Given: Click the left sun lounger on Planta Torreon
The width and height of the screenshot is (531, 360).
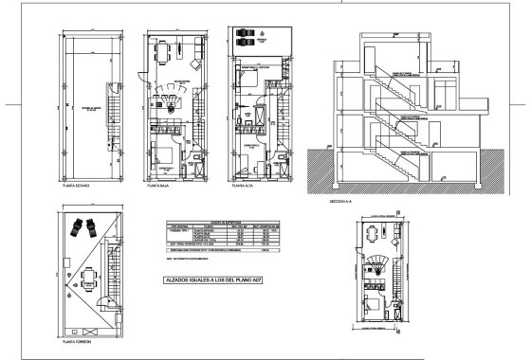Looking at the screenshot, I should coord(74,229).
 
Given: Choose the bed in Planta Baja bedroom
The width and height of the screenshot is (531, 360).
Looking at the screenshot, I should coord(162,155).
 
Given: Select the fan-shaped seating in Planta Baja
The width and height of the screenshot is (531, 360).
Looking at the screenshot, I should coord(171,95).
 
